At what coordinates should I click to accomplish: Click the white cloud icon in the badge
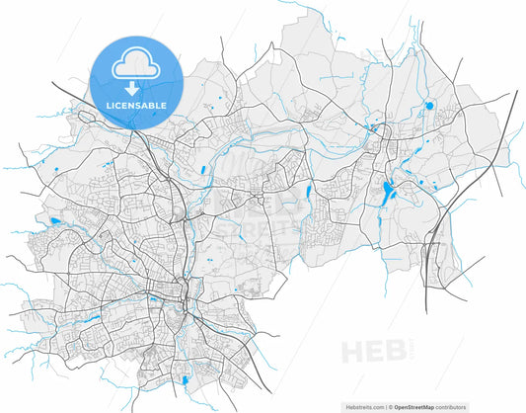point(136,65)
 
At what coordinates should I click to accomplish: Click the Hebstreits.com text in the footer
point(363,406)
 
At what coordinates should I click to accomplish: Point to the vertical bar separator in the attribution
point(388,406)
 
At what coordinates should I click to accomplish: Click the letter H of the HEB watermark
point(349,352)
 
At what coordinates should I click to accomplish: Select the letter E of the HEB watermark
point(373,352)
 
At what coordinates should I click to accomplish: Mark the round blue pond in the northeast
point(428,105)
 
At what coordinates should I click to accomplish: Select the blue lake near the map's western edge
point(53,220)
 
